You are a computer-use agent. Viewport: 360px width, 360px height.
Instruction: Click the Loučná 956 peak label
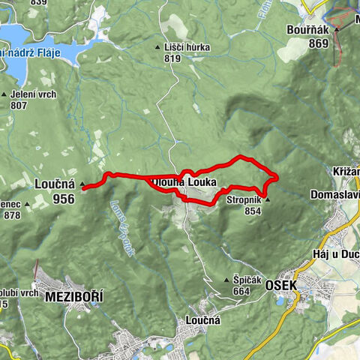click(x=55, y=191)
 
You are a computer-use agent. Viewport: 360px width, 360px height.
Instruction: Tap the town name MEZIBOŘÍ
click(x=73, y=298)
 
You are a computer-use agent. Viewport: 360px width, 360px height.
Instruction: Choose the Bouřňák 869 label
click(x=307, y=37)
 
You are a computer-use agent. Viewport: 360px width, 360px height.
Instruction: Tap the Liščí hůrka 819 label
click(x=187, y=52)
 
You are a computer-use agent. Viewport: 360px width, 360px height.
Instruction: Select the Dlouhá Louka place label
click(x=184, y=182)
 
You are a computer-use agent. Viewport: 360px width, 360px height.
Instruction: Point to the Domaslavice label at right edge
click(x=334, y=196)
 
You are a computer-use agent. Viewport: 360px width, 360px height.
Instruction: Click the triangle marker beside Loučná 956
click(x=82, y=182)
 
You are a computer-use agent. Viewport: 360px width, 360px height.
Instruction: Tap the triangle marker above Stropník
click(x=267, y=200)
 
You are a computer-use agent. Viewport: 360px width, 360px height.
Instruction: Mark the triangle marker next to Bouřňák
click(x=337, y=29)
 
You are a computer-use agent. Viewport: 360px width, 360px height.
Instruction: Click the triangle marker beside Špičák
click(x=226, y=280)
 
